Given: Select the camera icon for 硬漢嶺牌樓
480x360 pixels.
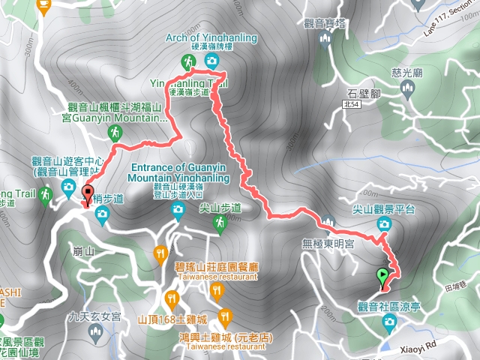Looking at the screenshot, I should click(x=212, y=60).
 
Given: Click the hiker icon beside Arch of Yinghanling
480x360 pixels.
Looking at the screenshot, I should click(x=187, y=61).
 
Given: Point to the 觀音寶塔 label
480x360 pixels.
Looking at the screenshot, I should click(x=325, y=24).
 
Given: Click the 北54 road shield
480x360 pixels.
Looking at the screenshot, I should click(x=363, y=106).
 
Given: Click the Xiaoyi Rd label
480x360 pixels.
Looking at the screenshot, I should click(x=412, y=347).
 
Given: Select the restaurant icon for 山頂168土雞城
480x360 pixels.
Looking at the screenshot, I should click(x=173, y=301).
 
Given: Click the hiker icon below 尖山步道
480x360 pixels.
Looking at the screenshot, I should click(x=219, y=223).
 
